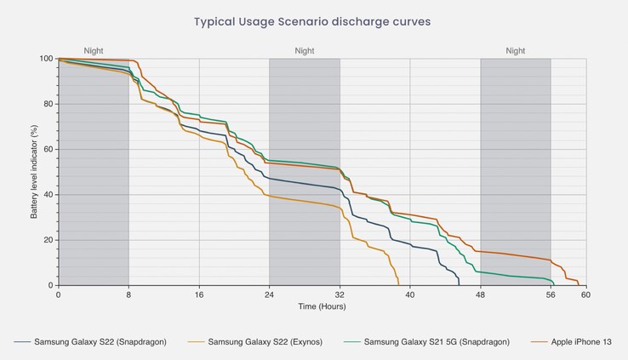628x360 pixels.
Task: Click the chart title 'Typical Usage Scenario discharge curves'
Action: point(314,21)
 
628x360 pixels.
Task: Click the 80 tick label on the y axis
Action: point(48,104)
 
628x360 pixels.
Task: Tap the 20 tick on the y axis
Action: point(48,240)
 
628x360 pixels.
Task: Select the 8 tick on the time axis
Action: point(128,294)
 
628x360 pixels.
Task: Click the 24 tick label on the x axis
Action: point(269,294)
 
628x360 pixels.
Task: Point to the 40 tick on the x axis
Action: point(410,294)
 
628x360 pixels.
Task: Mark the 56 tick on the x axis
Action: point(551,294)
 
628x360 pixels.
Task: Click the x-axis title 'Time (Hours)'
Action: point(322,306)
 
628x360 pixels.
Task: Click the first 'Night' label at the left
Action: point(94,51)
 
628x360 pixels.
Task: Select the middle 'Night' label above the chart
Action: point(305,51)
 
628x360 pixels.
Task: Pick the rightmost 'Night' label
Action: point(516,51)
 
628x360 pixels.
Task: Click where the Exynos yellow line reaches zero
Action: point(398,284)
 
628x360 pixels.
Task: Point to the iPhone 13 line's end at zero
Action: point(579,284)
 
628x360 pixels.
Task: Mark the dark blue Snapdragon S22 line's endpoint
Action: point(459,284)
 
